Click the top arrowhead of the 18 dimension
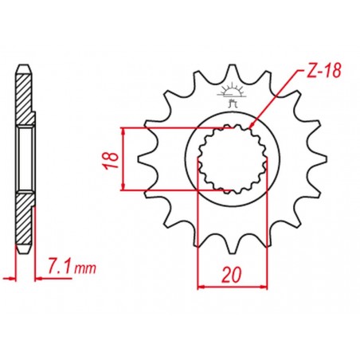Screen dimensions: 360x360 123,130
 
